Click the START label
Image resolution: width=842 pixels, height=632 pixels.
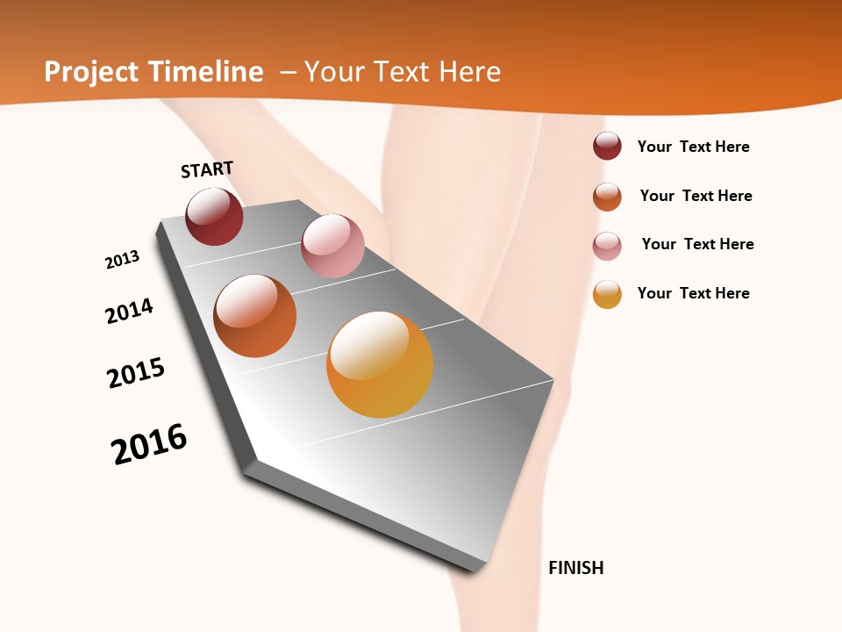pyautogui.click(x=207, y=169)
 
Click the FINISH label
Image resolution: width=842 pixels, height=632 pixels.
pyautogui.click(x=575, y=568)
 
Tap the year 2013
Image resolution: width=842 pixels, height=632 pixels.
pyautogui.click(x=122, y=260)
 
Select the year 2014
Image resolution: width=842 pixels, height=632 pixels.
pyautogui.click(x=129, y=311)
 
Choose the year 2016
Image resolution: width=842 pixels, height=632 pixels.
pyautogui.click(x=149, y=444)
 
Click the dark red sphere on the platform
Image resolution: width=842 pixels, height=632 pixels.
pyautogui.click(x=214, y=217)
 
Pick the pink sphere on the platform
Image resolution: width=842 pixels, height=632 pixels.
pyautogui.click(x=332, y=246)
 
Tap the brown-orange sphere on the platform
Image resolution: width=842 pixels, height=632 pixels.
pyautogui.click(x=254, y=316)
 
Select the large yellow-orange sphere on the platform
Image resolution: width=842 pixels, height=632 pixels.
pyautogui.click(x=380, y=364)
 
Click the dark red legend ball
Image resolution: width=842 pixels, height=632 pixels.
pyautogui.click(x=607, y=147)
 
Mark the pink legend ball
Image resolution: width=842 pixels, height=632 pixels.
pyautogui.click(x=607, y=246)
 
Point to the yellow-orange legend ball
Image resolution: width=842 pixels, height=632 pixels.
pyautogui.click(x=607, y=294)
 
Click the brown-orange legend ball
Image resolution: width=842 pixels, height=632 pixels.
pyautogui.click(x=607, y=197)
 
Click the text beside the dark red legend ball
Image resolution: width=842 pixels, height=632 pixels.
pyautogui.click(x=693, y=147)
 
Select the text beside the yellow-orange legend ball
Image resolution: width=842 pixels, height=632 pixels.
pyautogui.click(x=693, y=293)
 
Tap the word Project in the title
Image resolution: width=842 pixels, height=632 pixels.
pyautogui.click(x=90, y=72)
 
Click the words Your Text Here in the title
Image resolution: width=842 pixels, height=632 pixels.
pyautogui.click(x=403, y=72)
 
